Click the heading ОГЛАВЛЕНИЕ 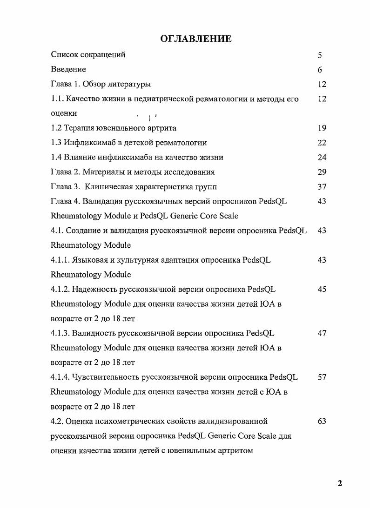pos(196,39)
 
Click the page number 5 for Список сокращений pos(320,55)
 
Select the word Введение pos(68,70)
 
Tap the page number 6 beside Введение pos(320,70)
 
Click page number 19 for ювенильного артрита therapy pos(322,128)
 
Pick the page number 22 pos(322,143)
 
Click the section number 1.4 pos(56,158)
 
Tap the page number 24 pos(322,158)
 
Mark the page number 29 pos(322,172)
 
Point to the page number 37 pos(322,187)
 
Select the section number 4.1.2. pos(61,289)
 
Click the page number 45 pos(322,289)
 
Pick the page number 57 pos(322,377)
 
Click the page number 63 pos(322,421)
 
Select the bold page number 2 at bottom pos(340,483)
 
